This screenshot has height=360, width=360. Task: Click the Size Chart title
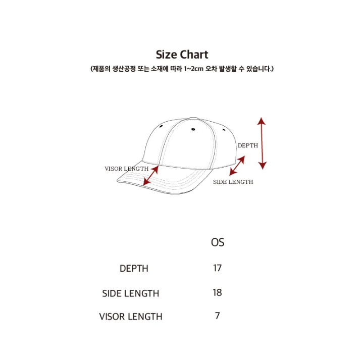point(182,55)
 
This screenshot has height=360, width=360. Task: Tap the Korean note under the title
point(182,69)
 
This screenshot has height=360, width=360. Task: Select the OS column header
point(218,242)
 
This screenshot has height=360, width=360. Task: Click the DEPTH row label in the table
point(134,269)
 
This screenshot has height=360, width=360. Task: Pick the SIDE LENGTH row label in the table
point(130,293)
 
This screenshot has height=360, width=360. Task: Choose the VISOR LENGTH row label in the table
point(131,317)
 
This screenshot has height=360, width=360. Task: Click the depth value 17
point(217,268)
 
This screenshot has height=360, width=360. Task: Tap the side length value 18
point(217,292)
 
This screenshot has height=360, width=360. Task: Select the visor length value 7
point(218,316)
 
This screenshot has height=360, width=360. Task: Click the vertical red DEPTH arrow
point(262,143)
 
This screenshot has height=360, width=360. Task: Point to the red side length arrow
point(237,166)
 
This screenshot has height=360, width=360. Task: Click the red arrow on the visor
point(151,176)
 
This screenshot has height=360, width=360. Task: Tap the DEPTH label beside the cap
point(248,145)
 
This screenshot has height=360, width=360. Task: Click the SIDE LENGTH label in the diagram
point(233,182)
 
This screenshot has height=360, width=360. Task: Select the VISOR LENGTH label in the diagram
point(127,169)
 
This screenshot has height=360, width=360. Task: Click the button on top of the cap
point(193,119)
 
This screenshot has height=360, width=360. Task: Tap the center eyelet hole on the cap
point(193,129)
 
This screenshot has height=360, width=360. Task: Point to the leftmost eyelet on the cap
point(161,126)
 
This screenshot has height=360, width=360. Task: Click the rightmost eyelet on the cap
point(224,130)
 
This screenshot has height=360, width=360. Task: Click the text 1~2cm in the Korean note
point(193,69)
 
